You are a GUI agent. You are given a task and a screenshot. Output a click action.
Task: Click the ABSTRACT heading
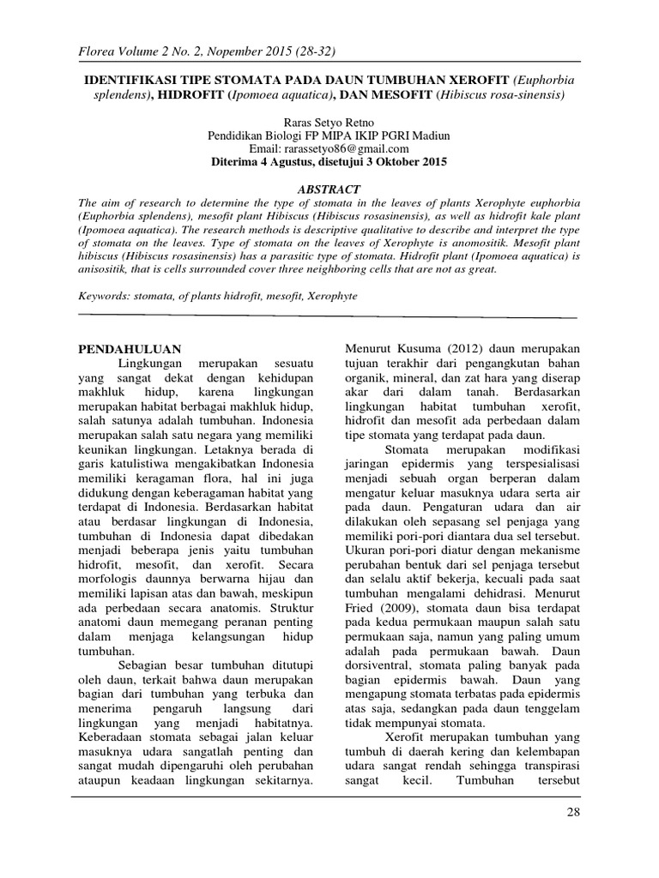(329, 189)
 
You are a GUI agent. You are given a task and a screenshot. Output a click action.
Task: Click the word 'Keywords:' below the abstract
(103, 296)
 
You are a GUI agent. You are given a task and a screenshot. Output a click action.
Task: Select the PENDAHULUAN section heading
(130, 349)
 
